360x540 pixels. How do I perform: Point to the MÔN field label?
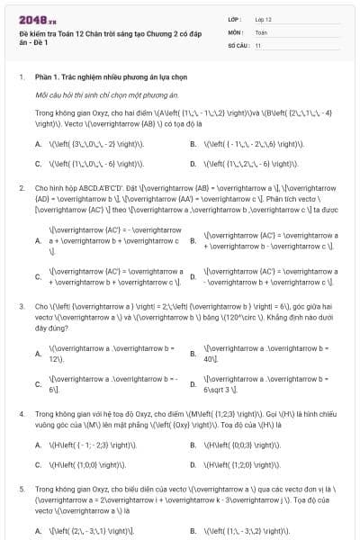click(236, 31)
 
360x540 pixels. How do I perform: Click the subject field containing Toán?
click(261, 31)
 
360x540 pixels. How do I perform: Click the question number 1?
click(21, 77)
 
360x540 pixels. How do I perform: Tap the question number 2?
click(21, 188)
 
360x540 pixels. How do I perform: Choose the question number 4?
click(21, 413)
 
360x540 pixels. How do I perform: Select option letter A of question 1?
click(38, 144)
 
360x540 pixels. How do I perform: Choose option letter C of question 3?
click(38, 384)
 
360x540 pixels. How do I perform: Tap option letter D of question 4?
click(193, 465)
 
